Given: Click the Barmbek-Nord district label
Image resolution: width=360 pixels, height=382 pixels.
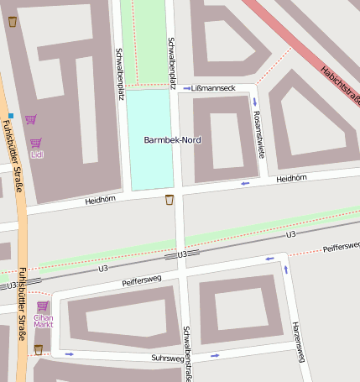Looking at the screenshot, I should pyautogui.click(x=173, y=139).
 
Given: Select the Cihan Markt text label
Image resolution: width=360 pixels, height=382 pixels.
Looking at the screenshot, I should pyautogui.click(x=43, y=322).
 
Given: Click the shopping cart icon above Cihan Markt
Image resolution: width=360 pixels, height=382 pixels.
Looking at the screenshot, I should pyautogui.click(x=42, y=306).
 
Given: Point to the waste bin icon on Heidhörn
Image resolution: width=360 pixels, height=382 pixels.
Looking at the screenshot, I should pyautogui.click(x=170, y=200).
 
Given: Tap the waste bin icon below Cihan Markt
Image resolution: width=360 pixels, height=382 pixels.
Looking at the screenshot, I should pyautogui.click(x=38, y=349).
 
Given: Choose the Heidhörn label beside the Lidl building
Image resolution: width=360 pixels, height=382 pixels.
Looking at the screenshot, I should pyautogui.click(x=98, y=201).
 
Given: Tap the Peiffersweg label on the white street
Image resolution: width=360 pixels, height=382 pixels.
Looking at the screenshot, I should pyautogui.click(x=141, y=282).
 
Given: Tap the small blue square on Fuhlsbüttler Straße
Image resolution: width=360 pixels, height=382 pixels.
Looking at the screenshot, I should pyautogui.click(x=11, y=115).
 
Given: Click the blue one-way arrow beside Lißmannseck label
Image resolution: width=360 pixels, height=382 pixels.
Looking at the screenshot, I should pyautogui.click(x=186, y=87).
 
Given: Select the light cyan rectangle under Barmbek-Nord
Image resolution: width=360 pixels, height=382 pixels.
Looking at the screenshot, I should pyautogui.click(x=151, y=160).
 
